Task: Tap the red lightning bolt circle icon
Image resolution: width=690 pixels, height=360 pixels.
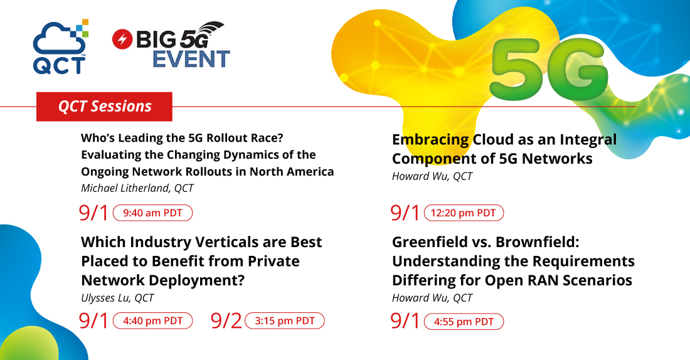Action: pyautogui.click(x=122, y=39)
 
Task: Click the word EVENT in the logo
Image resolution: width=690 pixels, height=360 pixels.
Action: pyautogui.click(x=191, y=59)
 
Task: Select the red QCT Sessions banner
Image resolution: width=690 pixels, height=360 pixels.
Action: pyautogui.click(x=104, y=107)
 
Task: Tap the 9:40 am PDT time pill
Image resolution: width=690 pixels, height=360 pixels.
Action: pyautogui.click(x=152, y=213)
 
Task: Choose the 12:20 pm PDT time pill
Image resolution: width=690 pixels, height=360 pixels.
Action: pyautogui.click(x=464, y=213)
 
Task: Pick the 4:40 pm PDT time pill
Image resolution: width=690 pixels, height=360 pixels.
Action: pyautogui.click(x=152, y=321)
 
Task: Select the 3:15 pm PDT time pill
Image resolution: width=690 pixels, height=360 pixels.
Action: pyautogui.click(x=285, y=321)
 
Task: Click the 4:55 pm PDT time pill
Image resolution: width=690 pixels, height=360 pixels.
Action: pyautogui.click(x=464, y=322)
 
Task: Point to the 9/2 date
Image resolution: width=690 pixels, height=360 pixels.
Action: pyautogui.click(x=226, y=321)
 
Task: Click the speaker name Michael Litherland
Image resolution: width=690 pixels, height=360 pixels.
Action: pyautogui.click(x=125, y=188)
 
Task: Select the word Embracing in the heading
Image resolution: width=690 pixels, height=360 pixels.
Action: pyautogui.click(x=430, y=140)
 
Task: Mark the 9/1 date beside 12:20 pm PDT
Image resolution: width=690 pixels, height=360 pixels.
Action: pyautogui.click(x=405, y=213)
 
